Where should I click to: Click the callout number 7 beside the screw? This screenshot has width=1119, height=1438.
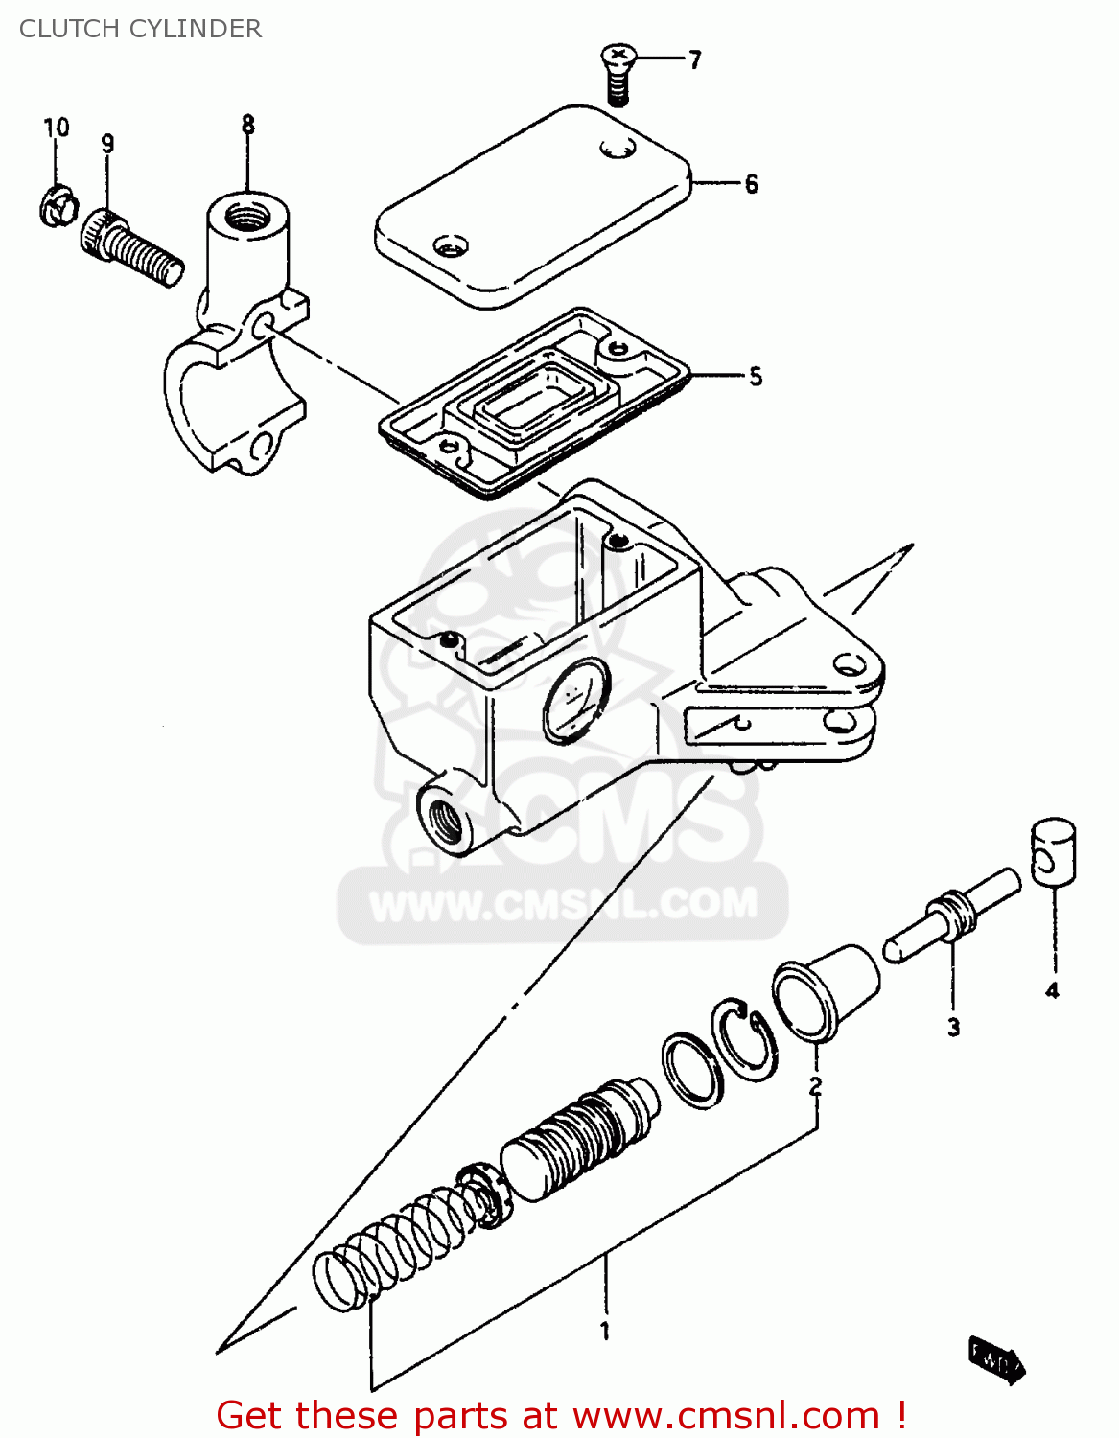(695, 59)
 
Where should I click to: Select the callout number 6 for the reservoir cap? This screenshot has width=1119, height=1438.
(751, 183)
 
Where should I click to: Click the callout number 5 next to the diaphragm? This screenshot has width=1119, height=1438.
(756, 377)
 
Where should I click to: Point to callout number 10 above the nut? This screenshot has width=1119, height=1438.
(57, 128)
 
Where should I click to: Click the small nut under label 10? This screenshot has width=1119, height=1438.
(58, 206)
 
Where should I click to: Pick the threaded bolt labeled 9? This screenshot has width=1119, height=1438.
(131, 247)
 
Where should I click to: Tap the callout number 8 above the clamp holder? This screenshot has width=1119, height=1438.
(248, 125)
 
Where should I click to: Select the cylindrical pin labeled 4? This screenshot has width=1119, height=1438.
(1053, 849)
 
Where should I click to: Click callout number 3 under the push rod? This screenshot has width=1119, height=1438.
(953, 1027)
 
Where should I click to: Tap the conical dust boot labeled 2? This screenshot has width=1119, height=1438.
(826, 991)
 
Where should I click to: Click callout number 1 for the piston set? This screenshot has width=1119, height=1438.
(605, 1331)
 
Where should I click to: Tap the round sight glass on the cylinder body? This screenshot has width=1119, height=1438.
(575, 701)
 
